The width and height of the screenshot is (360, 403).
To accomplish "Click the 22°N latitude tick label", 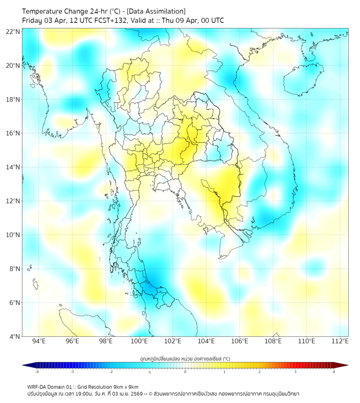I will click(x=13, y=31).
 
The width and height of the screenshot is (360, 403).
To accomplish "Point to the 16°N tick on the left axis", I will click(x=13, y=133).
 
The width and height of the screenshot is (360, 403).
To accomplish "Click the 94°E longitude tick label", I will click(x=38, y=341).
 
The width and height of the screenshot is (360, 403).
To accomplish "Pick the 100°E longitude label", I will click(x=139, y=341).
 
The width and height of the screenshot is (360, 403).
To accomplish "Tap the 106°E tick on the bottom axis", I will click(x=240, y=341).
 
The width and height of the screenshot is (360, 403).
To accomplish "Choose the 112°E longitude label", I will click(x=340, y=341).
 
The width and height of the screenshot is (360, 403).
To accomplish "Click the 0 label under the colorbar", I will click(x=185, y=372).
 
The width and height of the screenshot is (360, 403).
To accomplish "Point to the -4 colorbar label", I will click(x=36, y=372).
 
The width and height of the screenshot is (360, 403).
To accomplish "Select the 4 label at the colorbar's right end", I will click(x=334, y=372).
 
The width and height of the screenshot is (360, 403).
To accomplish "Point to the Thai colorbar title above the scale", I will click(x=185, y=358).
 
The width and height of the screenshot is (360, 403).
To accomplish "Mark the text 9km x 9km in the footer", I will click(x=126, y=387).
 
